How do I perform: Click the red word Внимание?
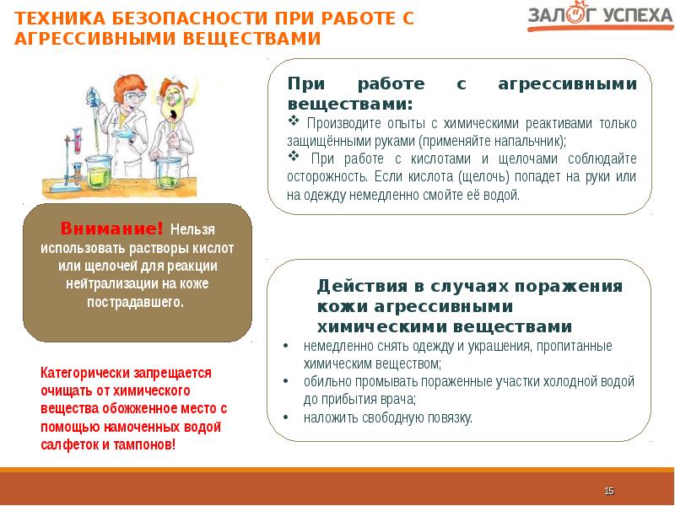[x=111, y=229]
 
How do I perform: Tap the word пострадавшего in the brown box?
[x=136, y=302]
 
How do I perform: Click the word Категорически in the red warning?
[x=84, y=372]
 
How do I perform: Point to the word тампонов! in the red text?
[x=147, y=444]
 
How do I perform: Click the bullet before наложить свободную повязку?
[x=287, y=417]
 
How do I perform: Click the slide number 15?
[x=609, y=491]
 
